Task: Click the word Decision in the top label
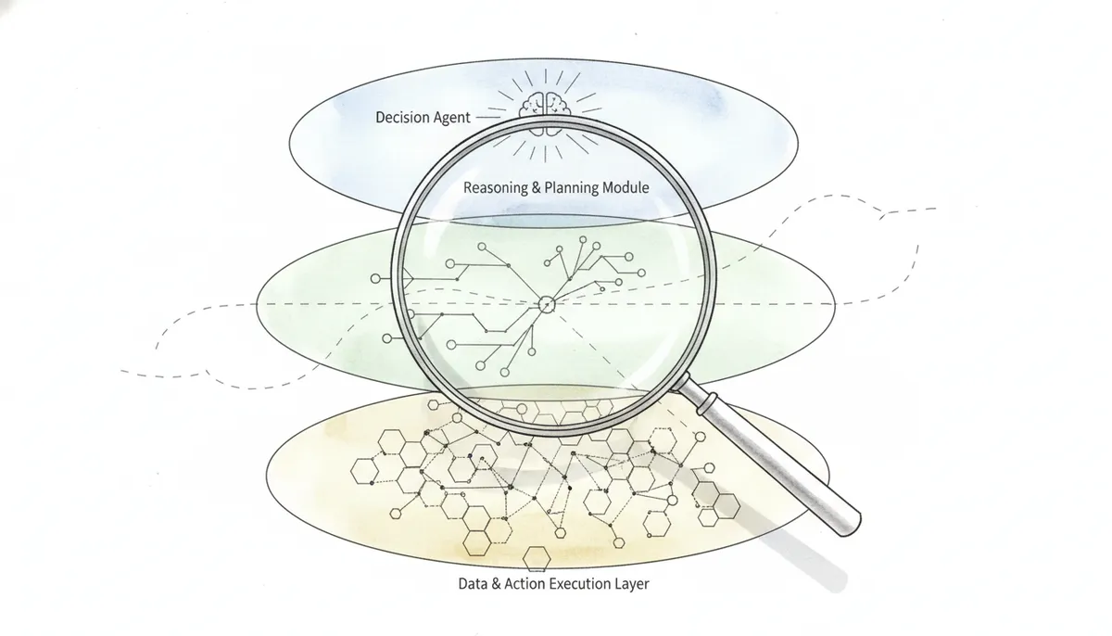click(401, 117)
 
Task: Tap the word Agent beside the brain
click(450, 118)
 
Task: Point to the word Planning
click(572, 187)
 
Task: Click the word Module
click(625, 187)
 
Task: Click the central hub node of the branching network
click(546, 304)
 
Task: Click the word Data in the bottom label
click(473, 583)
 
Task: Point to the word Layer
click(632, 584)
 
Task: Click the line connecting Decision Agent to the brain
click(488, 118)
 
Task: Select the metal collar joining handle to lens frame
click(707, 403)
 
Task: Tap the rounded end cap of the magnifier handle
click(851, 527)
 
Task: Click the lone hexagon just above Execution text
click(537, 558)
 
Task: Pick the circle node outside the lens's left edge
click(376, 278)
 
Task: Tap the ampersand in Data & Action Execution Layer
click(496, 584)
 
